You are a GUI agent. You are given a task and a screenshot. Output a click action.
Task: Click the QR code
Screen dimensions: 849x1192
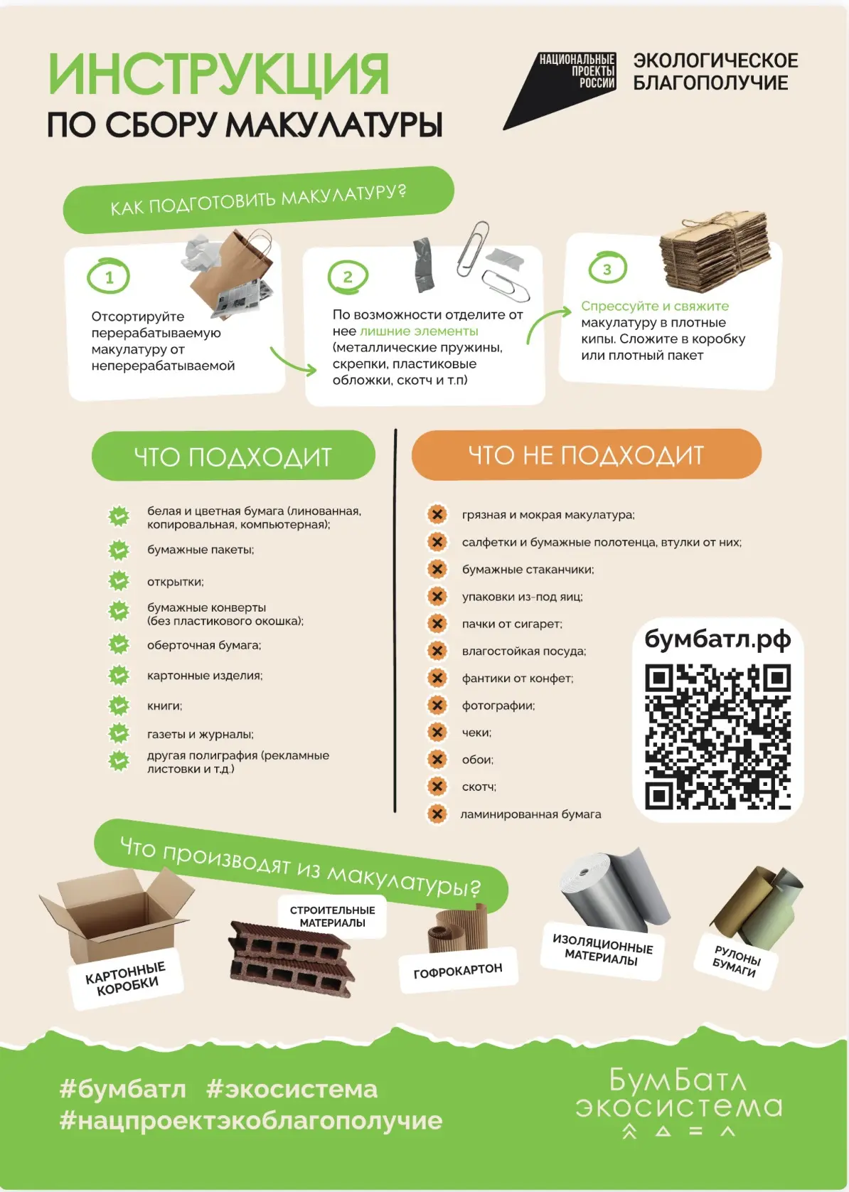(717, 736)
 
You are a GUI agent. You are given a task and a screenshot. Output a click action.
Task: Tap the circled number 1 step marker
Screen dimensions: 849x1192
(109, 276)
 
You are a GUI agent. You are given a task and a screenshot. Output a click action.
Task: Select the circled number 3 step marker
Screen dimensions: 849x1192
(607, 268)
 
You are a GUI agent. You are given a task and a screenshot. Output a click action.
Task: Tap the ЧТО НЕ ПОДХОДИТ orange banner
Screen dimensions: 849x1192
(586, 455)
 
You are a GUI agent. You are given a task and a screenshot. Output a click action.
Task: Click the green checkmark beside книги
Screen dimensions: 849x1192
(119, 706)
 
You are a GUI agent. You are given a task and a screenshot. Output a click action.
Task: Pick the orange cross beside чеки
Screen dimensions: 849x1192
(437, 733)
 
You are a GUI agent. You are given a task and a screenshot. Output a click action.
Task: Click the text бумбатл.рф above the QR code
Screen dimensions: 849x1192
(717, 639)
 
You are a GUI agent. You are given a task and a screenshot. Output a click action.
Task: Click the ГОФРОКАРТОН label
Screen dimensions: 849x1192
(458, 970)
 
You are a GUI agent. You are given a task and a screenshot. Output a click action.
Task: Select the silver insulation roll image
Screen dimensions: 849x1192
(614, 890)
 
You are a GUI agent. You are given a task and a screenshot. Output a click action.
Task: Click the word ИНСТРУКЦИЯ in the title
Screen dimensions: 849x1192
(218, 74)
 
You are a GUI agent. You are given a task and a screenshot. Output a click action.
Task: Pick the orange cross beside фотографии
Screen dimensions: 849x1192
(437, 705)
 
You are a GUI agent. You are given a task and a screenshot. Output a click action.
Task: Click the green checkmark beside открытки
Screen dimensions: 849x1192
(119, 581)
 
